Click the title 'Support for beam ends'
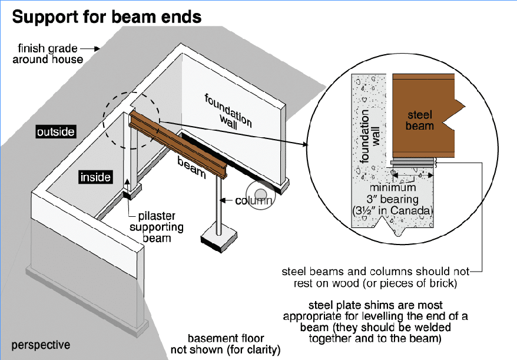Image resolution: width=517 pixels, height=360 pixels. point(107,16)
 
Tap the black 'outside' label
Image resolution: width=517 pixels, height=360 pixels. point(55,131)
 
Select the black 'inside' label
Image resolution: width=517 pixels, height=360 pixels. point(95,177)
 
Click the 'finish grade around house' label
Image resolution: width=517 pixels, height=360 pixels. point(48,54)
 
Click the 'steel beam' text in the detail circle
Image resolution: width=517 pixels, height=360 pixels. point(419,120)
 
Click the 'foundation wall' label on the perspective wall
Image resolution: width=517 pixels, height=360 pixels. point(227,111)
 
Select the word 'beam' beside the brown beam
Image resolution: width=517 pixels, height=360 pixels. point(191,167)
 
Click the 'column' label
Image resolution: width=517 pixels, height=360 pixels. point(254,200)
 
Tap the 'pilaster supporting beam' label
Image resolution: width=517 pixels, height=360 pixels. point(156,227)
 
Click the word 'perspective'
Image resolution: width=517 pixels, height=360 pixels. point(41,345)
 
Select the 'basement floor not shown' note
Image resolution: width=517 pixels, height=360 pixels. point(226,344)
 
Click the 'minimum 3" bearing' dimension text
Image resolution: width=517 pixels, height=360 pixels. point(393,193)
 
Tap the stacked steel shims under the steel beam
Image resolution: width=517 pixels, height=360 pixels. point(412,161)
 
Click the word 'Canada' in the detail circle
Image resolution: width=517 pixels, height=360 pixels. point(415,210)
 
